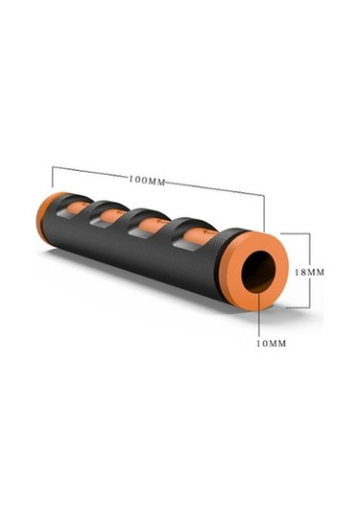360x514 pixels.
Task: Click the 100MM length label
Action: coord(147,180)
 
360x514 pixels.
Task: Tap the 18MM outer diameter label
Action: coord(309,272)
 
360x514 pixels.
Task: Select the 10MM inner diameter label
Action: coord(272,344)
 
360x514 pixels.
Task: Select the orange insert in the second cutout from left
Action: coord(112,216)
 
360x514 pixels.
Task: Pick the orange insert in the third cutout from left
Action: coord(153,226)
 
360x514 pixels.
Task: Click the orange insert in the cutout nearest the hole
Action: coord(201,236)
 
